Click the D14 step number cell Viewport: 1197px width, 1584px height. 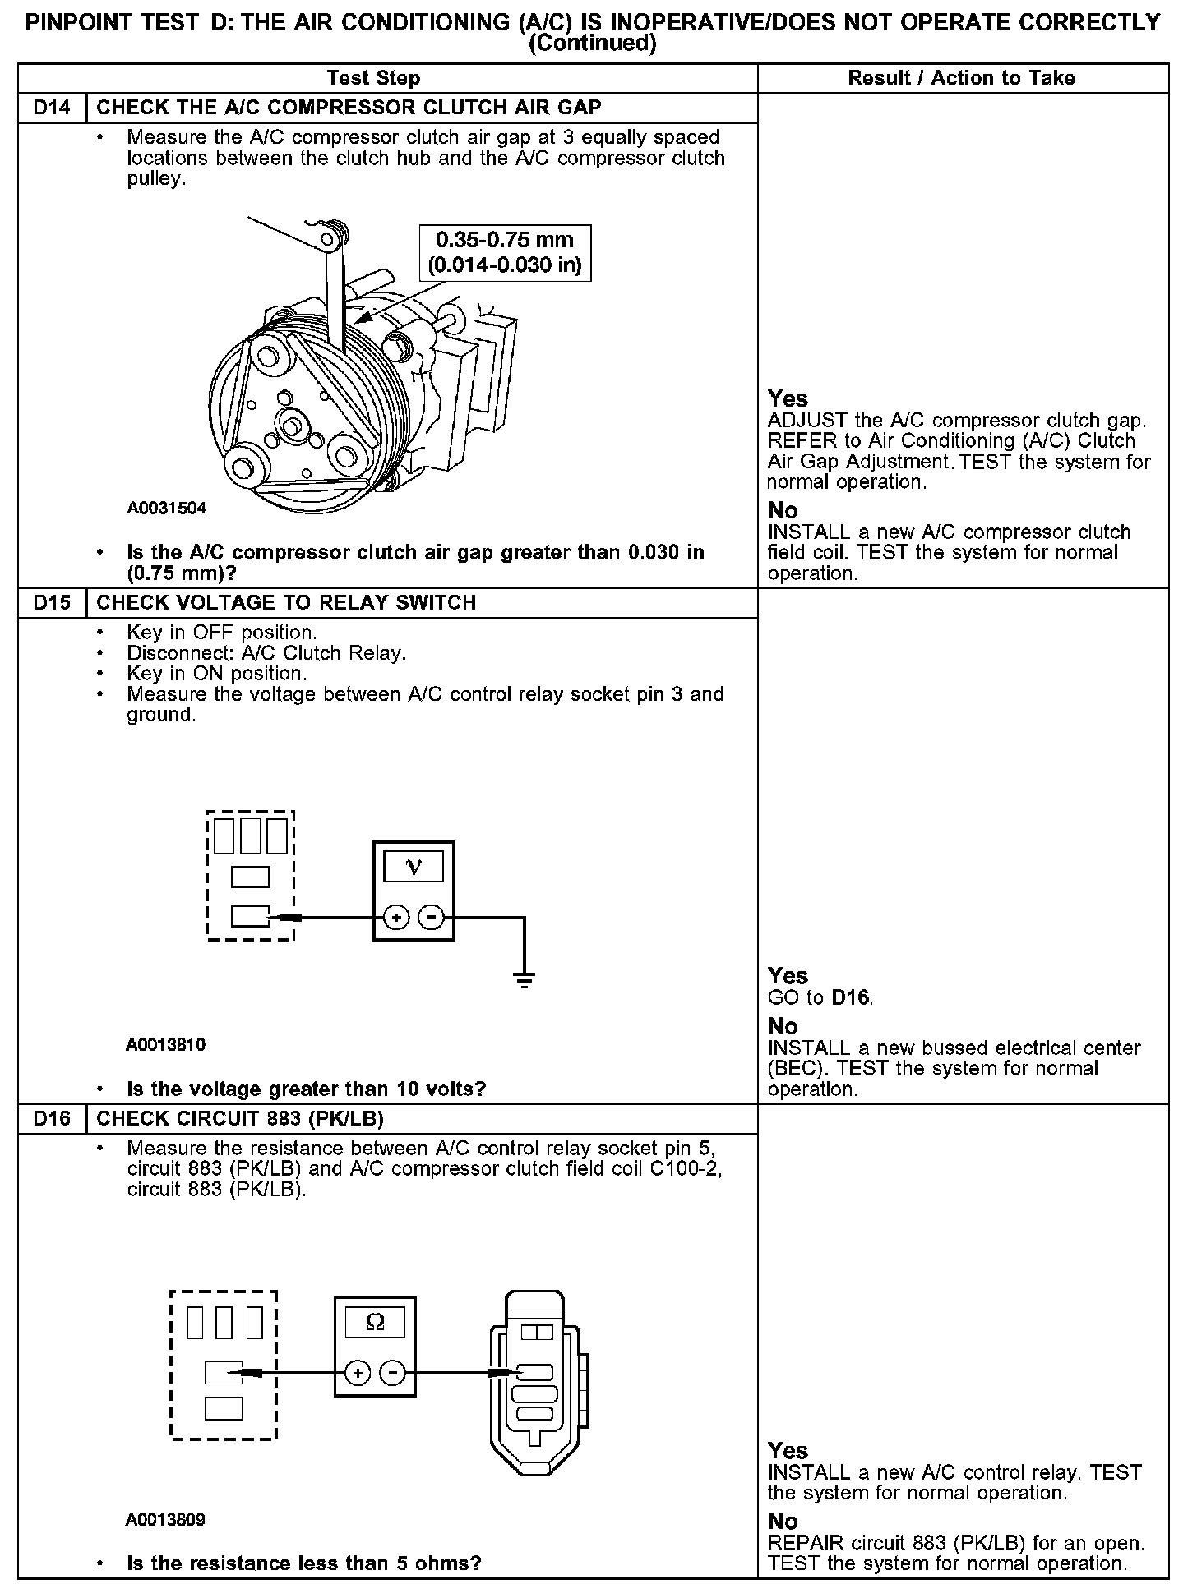[x=52, y=108]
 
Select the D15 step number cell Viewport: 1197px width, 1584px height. [x=52, y=603]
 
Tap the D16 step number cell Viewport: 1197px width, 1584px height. [x=52, y=1119]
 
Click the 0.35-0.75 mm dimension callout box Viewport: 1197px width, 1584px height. [x=505, y=252]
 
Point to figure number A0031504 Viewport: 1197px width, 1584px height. [x=166, y=508]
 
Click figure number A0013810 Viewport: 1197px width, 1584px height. [x=165, y=1045]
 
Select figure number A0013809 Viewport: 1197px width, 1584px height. [x=165, y=1520]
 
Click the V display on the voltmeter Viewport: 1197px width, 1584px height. [x=414, y=867]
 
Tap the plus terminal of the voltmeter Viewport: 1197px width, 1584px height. [x=396, y=917]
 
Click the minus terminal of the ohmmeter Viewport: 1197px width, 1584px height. [x=394, y=1372]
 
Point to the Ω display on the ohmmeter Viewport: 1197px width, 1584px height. [x=374, y=1322]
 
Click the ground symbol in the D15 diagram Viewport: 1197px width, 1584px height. [x=524, y=978]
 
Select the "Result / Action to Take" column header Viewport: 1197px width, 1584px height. [x=961, y=78]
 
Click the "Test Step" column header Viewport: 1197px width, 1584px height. [x=373, y=78]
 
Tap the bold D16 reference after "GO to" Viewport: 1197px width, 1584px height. [x=851, y=997]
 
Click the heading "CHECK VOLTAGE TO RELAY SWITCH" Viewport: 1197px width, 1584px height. [x=286, y=603]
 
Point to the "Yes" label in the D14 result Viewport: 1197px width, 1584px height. [x=788, y=398]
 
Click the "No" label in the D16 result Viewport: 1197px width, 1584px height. [x=783, y=1521]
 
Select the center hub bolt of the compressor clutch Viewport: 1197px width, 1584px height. [x=290, y=425]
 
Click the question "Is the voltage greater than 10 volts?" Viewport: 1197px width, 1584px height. [x=306, y=1089]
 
